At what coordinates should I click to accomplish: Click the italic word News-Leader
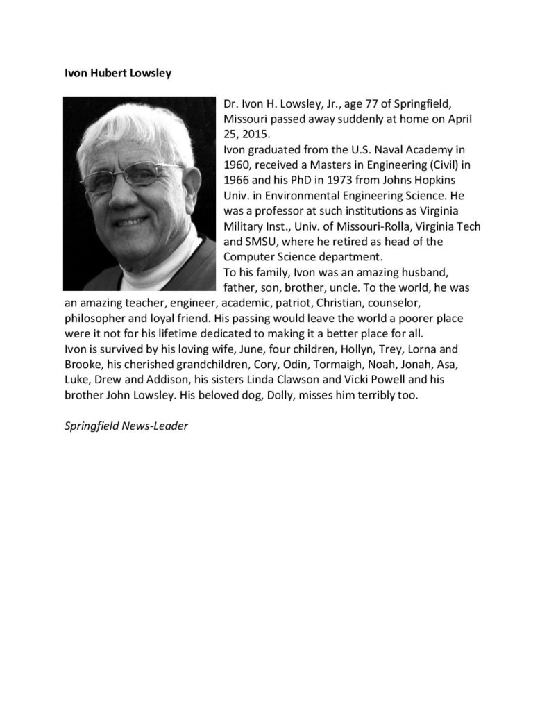(155, 426)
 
